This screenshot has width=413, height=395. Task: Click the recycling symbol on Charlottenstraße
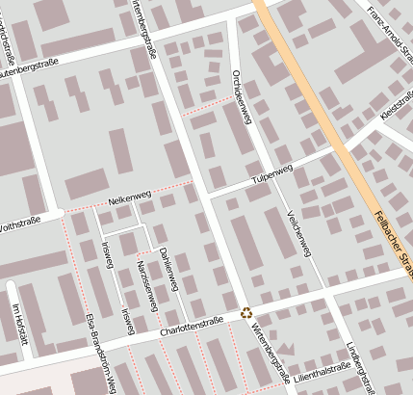247,312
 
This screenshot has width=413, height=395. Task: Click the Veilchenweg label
298,232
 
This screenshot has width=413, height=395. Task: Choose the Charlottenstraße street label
194,329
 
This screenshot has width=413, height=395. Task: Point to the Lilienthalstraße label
323,369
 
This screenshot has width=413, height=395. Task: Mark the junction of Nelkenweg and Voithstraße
64,211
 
